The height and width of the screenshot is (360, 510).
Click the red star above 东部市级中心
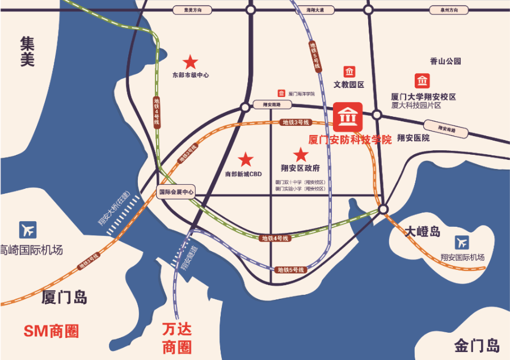pos(189,61)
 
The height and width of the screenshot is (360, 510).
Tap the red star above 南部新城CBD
pos(245,160)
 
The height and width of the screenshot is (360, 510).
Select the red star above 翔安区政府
pos(300,154)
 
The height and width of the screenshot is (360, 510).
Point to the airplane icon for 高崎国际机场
pos(27,229)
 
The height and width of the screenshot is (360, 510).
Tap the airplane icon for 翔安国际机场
pos(462,242)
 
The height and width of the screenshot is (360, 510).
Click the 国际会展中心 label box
pos(176,192)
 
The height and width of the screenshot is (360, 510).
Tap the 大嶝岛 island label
pos(423,231)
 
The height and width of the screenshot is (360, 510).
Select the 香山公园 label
pos(445,61)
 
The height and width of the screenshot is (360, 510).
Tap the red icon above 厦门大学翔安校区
pos(422,81)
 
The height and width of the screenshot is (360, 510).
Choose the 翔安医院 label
pos(413,138)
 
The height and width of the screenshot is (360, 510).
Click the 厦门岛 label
pos(64,297)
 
